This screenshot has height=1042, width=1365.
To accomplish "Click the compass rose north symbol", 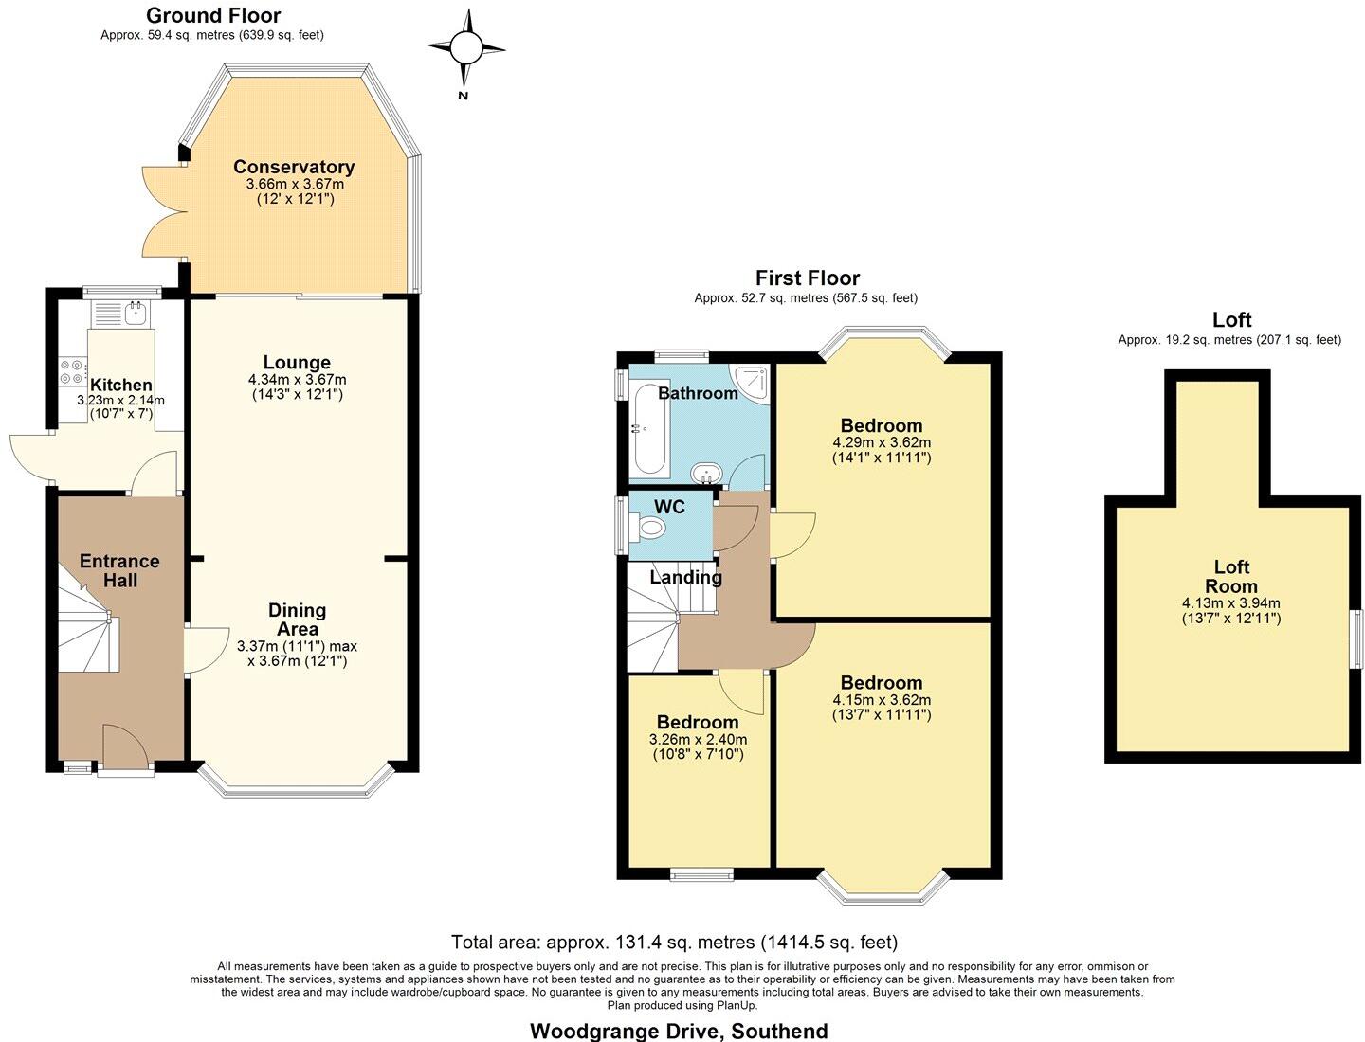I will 464,47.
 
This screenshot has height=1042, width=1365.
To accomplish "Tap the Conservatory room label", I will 294,168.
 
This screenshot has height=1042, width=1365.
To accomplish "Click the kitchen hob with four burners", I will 72,371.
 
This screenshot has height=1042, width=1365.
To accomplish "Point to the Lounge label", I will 297,363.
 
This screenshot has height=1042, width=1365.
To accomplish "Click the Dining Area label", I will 297,620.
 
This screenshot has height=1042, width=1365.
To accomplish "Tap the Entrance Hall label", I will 119,570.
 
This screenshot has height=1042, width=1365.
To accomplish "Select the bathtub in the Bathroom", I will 649,429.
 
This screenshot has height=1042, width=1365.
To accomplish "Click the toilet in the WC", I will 651,528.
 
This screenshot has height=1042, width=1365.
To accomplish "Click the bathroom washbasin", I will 706,472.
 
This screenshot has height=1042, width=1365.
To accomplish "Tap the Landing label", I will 685,577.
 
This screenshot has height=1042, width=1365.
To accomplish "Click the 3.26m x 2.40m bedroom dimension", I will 698,740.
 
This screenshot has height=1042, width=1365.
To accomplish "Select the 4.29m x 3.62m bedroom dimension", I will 882,442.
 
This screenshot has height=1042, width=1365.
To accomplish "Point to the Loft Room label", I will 1231,576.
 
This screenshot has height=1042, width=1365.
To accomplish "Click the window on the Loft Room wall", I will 1356,633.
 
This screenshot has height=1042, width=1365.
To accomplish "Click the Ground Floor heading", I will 212,15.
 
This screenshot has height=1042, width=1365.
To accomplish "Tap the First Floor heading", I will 807,278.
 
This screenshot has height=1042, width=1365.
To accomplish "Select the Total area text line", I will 674,942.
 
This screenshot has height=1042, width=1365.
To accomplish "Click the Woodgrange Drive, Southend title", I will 679,1031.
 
